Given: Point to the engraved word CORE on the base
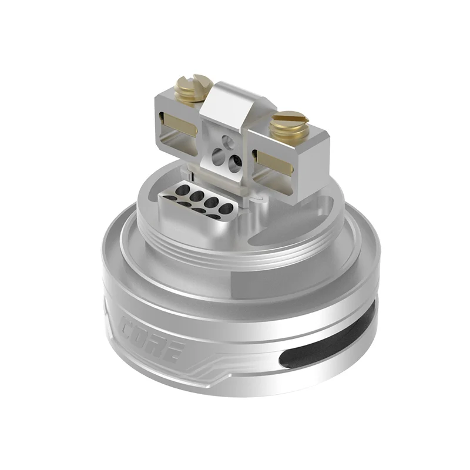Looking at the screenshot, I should (152, 335).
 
